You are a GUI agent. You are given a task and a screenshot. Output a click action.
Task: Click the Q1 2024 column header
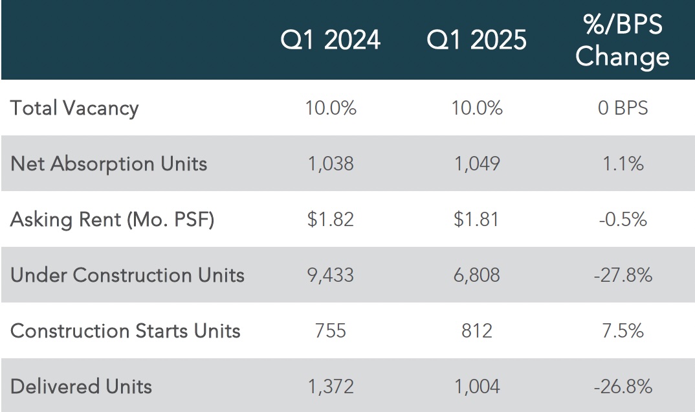click(330, 40)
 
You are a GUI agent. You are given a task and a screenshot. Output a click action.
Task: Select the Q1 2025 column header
click(476, 40)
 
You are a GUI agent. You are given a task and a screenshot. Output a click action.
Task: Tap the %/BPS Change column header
click(623, 40)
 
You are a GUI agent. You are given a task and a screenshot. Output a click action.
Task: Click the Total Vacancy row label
click(74, 109)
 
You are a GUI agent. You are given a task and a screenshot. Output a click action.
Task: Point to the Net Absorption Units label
click(109, 164)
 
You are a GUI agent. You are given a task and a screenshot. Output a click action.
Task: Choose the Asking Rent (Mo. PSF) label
click(112, 220)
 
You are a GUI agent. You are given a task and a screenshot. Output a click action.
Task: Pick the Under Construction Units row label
click(127, 275)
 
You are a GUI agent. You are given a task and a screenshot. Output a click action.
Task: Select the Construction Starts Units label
click(125, 331)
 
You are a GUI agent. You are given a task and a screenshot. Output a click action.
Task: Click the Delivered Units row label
click(81, 386)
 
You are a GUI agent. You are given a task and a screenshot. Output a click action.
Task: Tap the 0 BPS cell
click(623, 108)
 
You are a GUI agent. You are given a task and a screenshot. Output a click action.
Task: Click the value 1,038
click(331, 164)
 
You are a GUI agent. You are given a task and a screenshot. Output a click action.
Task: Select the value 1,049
click(477, 164)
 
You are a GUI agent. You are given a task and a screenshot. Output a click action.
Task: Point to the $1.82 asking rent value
click(331, 220)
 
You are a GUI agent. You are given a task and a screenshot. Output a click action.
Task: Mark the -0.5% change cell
click(623, 220)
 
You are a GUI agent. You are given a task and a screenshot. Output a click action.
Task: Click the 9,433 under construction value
click(331, 275)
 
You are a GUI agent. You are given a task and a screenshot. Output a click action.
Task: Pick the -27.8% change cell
click(623, 275)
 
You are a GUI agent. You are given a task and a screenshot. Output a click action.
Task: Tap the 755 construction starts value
click(331, 331)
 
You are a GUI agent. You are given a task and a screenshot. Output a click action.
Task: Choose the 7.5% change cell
click(623, 331)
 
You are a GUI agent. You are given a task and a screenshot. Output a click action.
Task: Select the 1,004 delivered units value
click(477, 387)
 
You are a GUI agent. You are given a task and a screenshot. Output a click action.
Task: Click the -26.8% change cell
click(623, 387)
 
